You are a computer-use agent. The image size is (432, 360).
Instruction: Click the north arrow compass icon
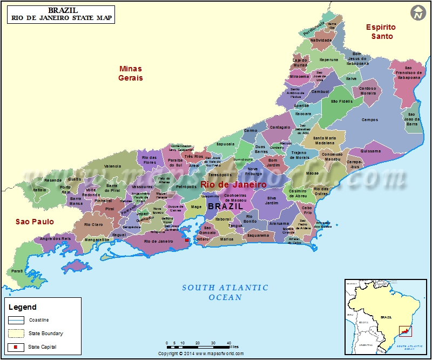coord(417,13)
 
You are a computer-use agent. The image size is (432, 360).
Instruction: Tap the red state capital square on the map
coord(187,239)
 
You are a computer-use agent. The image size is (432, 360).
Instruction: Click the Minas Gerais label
coord(130,73)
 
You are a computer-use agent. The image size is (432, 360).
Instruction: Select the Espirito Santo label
coord(381,31)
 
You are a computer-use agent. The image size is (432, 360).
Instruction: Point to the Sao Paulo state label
coord(35,222)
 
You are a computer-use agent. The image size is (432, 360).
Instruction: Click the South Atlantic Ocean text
coord(225,292)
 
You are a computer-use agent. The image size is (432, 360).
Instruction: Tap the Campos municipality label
coord(370,120)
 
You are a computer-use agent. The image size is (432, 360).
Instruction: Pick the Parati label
coord(17,271)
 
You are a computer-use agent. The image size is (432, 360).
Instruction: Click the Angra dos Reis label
coord(56,238)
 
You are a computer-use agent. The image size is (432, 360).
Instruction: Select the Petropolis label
coord(186,186)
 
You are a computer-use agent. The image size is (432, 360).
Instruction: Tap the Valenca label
coord(113,166)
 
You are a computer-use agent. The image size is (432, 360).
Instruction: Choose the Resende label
coord(53,180)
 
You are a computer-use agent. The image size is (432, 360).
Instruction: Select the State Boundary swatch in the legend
coord(16,334)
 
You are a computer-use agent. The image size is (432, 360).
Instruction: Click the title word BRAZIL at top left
coord(63,10)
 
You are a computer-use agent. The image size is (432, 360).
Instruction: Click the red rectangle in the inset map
coord(404,330)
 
